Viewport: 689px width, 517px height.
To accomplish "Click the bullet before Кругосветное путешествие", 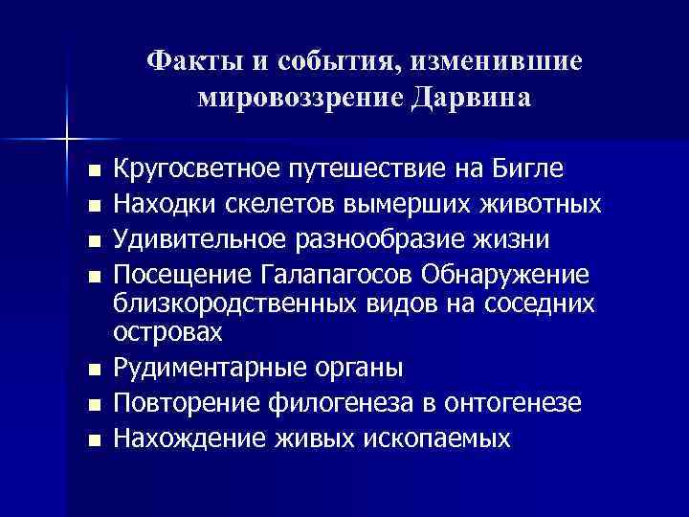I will [x=91, y=172].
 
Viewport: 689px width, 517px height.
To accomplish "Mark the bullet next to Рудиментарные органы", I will [x=91, y=371].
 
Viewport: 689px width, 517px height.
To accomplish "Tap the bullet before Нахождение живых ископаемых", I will [x=91, y=440].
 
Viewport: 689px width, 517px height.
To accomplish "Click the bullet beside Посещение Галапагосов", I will [x=91, y=276].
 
